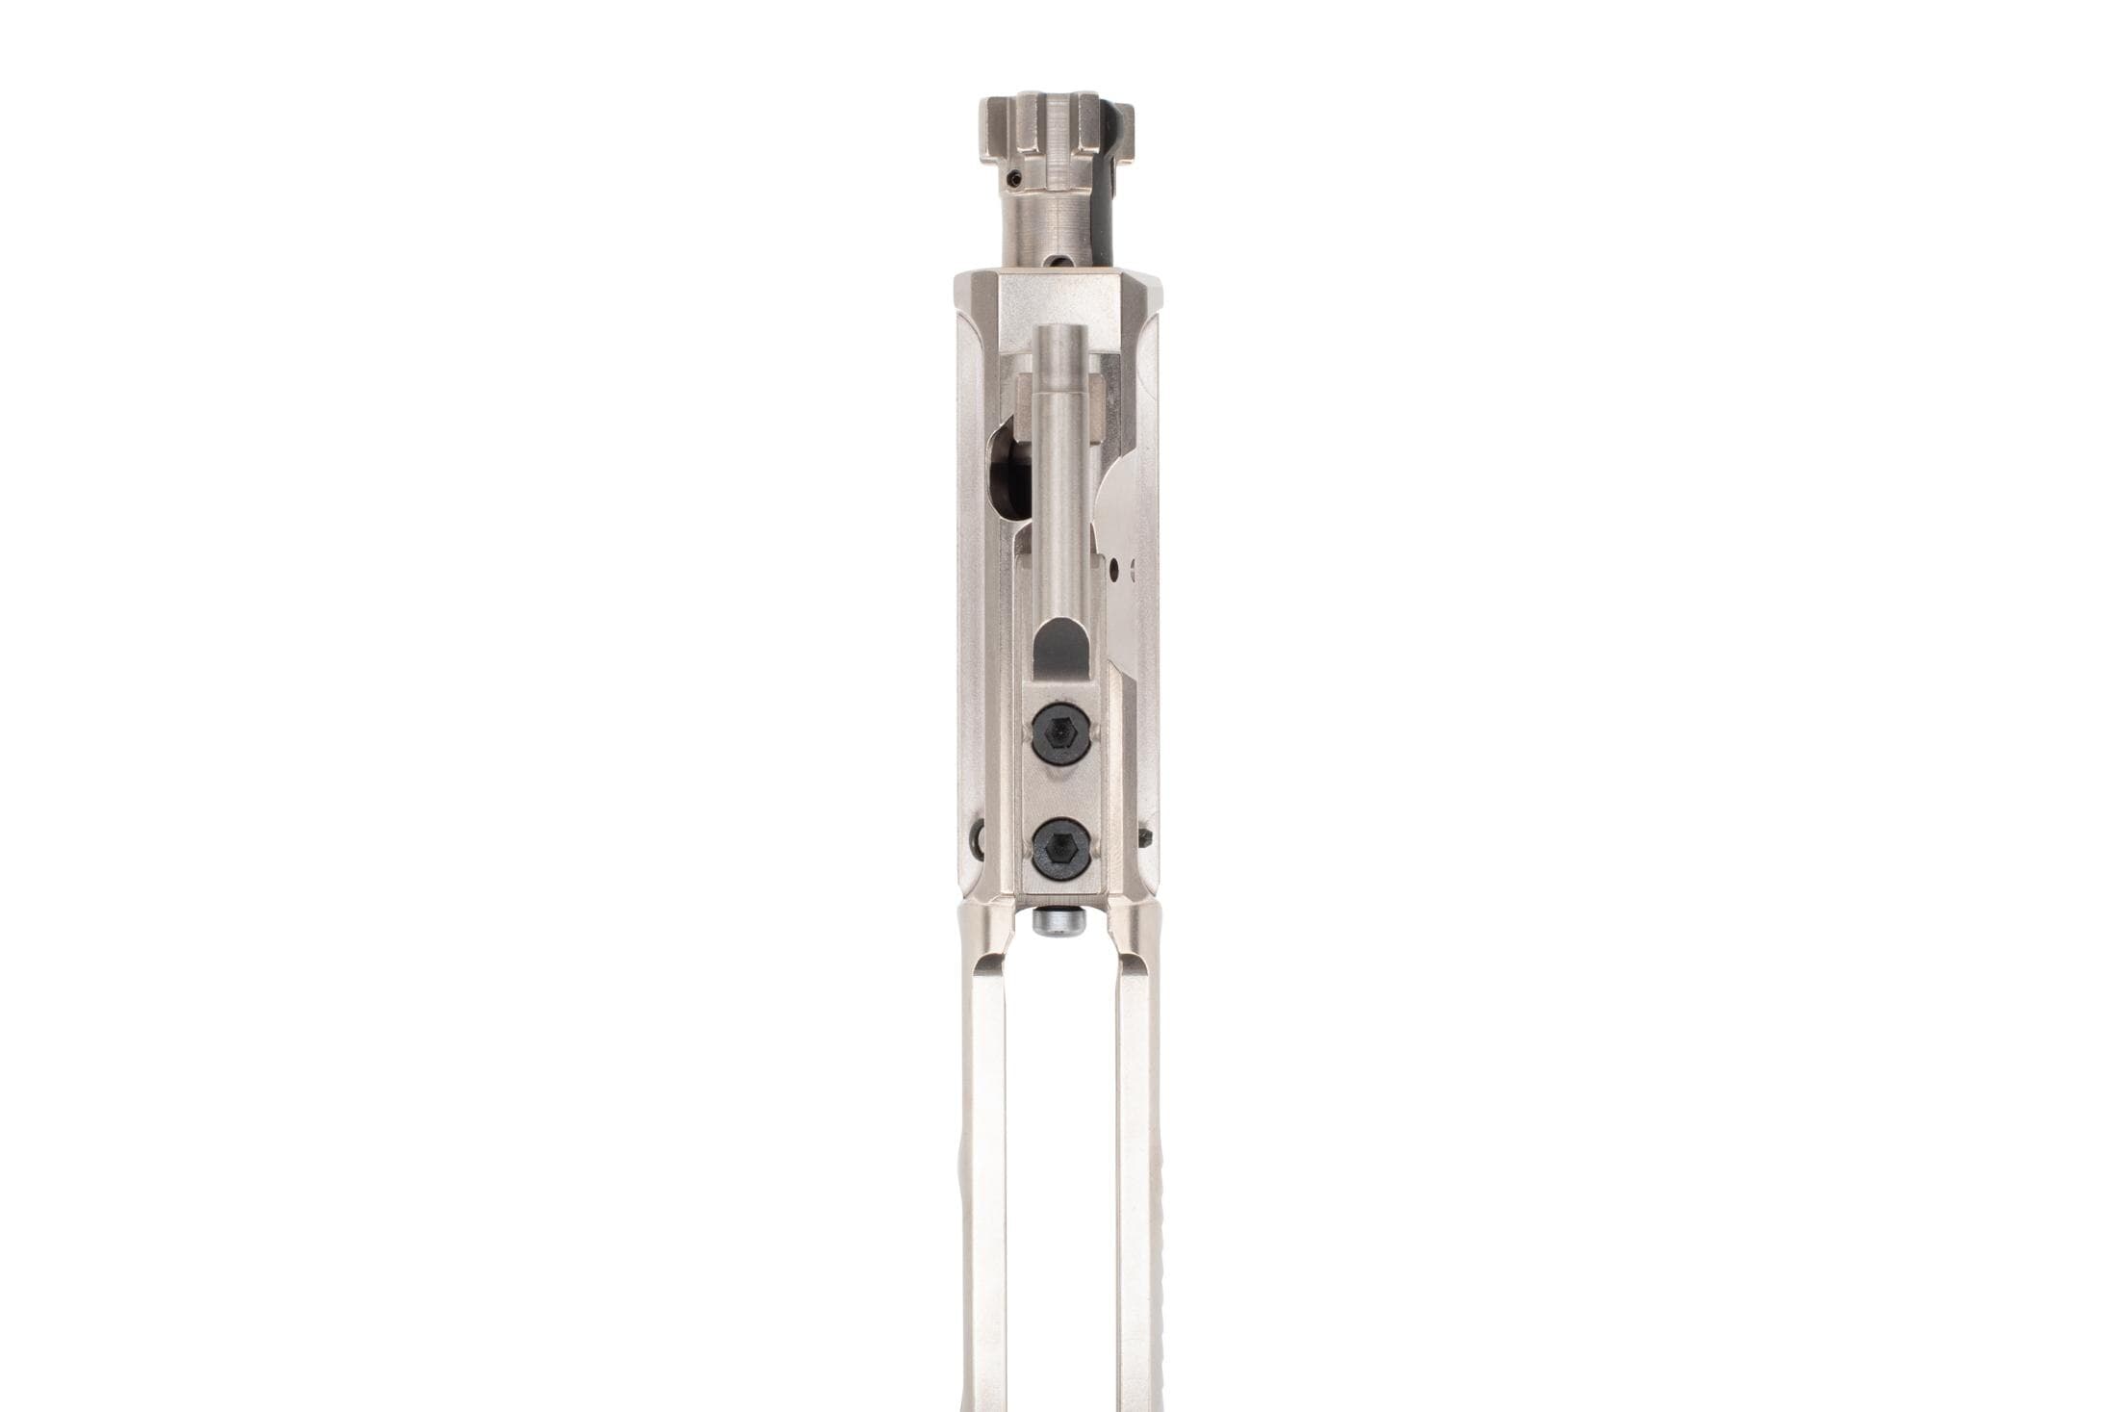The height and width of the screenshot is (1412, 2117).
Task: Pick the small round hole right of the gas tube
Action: click(1113, 572)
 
